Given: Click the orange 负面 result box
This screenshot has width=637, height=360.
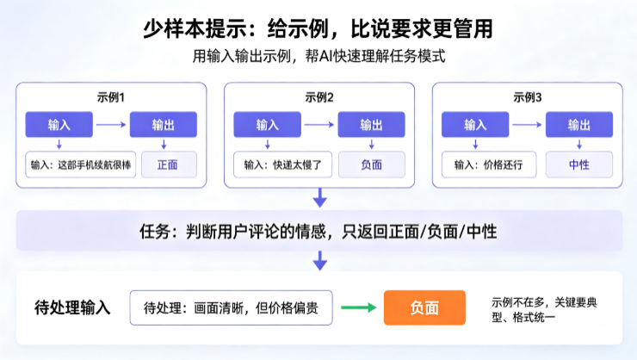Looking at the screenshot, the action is [x=424, y=307].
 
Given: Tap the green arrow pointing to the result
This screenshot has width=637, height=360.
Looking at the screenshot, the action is [x=359, y=307].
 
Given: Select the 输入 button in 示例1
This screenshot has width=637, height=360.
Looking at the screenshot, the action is [x=59, y=124].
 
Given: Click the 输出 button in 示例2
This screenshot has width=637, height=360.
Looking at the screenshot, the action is [x=371, y=124].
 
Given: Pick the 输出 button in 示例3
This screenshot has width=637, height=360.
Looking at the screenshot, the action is [x=579, y=124].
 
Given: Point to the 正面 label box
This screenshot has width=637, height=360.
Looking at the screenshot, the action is [x=169, y=164].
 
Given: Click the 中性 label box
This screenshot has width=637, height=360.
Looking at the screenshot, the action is [x=579, y=164].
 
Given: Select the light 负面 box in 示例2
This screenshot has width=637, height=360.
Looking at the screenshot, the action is [x=371, y=164].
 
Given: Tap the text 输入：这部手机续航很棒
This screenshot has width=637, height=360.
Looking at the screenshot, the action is [x=81, y=164].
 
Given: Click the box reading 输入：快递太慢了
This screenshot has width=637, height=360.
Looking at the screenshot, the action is [x=282, y=164].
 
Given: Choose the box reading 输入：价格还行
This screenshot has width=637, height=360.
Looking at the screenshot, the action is [x=489, y=164].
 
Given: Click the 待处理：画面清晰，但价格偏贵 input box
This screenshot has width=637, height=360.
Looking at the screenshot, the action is [x=232, y=307].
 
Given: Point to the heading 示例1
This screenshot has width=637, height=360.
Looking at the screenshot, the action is [x=111, y=97].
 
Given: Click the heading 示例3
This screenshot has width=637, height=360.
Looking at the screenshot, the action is [x=528, y=97].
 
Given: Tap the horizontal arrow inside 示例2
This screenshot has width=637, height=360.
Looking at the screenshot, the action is [x=319, y=124].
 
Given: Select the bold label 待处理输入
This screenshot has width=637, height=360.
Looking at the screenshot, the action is [x=72, y=307].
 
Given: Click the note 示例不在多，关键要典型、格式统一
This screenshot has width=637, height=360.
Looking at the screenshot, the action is [x=544, y=309].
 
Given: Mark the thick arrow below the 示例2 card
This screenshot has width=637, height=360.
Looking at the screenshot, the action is [x=319, y=197].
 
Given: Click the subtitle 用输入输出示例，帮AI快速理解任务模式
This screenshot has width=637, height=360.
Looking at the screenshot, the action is [x=318, y=56].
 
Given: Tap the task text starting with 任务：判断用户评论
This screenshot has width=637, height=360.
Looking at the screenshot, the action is [x=318, y=232].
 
